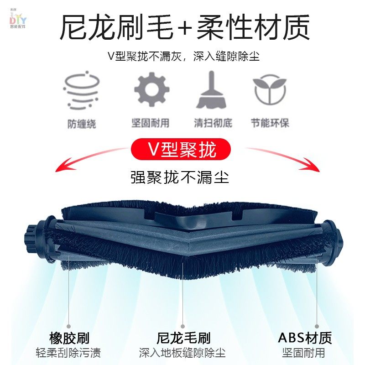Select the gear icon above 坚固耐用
tap(151, 89)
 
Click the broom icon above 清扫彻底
tap(211, 89)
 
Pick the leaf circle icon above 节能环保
tap(270, 89)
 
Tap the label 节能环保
tap(270, 123)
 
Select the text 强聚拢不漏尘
tap(180, 177)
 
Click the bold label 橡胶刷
tap(69, 338)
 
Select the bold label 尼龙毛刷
tap(183, 338)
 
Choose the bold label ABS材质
tap(305, 338)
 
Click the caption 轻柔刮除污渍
tap(69, 353)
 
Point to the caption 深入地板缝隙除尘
tap(182, 353)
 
